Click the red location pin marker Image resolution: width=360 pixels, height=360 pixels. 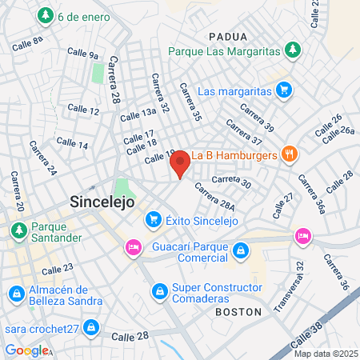(x=180, y=163)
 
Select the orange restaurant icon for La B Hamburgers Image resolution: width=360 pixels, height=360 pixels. (x=290, y=154)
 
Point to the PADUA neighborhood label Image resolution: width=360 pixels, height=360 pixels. (x=227, y=36)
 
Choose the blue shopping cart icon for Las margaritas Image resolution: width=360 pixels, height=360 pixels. (x=282, y=90)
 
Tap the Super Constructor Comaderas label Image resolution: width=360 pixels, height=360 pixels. (x=218, y=288)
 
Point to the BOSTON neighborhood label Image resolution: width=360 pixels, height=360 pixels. (x=238, y=310)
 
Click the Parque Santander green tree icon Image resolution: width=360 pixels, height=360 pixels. (x=17, y=230)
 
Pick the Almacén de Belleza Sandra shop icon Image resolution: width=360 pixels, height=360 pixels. (x=15, y=295)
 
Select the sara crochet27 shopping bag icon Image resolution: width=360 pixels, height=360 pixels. (x=92, y=327)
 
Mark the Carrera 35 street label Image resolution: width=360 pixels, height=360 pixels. (x=193, y=102)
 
